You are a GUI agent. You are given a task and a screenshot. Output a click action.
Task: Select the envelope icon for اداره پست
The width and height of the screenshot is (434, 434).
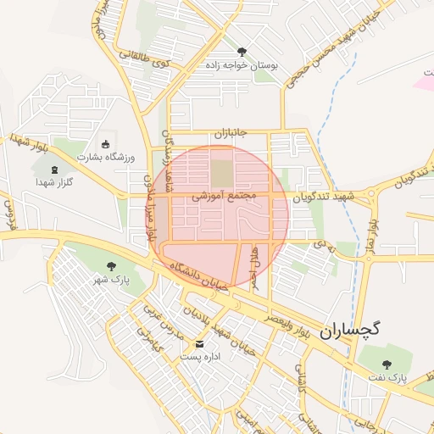(x=200, y=344)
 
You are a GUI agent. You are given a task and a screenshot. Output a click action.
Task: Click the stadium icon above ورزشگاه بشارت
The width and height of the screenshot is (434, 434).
(x=105, y=144)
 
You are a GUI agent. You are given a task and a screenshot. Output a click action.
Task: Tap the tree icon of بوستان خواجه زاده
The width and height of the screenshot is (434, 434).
(x=242, y=52)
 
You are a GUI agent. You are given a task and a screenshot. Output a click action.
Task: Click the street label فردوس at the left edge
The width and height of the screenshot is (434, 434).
(x=8, y=215)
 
